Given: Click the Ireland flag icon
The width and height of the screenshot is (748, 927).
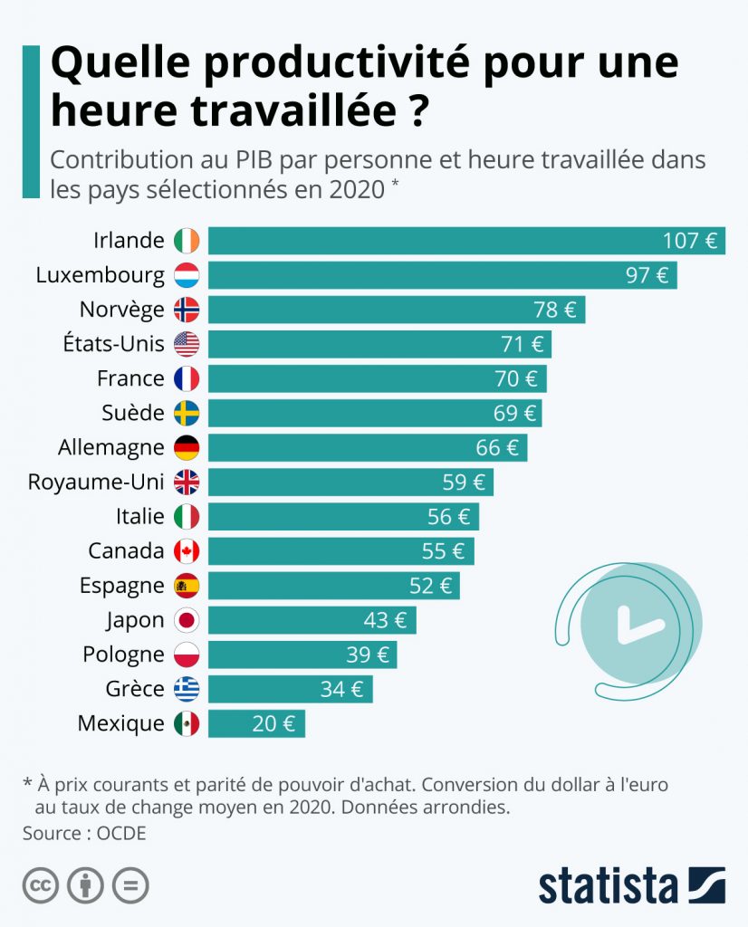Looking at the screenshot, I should [x=187, y=241].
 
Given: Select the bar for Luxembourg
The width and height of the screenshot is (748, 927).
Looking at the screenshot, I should [x=442, y=275].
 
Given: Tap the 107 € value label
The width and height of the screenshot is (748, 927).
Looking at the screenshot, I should [x=690, y=241].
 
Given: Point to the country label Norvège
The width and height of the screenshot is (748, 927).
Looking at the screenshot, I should [x=121, y=310].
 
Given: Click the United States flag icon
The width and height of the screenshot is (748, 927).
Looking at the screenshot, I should [x=187, y=344].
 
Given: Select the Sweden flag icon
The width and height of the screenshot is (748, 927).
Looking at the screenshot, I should [x=187, y=413].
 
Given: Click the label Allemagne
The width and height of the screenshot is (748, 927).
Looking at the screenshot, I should [x=110, y=447].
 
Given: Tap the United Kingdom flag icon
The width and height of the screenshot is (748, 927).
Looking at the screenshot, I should [x=187, y=482].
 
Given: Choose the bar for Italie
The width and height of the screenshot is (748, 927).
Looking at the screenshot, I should [x=342, y=516].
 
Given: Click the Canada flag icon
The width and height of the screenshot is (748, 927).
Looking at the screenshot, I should [x=187, y=550].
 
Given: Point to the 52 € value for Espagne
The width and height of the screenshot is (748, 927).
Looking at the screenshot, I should [x=430, y=585].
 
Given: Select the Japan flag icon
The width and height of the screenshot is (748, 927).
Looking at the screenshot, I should [x=187, y=620].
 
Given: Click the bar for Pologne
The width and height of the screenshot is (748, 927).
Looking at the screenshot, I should [x=302, y=655].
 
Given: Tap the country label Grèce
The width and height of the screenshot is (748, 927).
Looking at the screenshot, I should [x=135, y=689].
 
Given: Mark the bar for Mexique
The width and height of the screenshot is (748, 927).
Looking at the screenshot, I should [x=256, y=723].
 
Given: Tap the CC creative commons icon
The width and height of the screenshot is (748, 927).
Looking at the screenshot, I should [x=41, y=885].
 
